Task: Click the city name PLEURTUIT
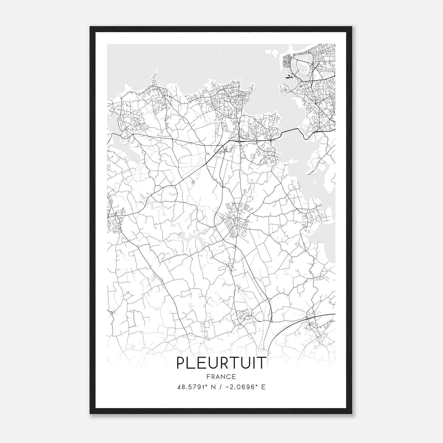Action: pyautogui.click(x=221, y=363)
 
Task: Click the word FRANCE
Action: pyautogui.click(x=221, y=377)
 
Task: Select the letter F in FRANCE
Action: pyautogui.click(x=208, y=377)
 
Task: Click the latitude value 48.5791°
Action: pyautogui.click(x=193, y=387)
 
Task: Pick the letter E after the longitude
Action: pyautogui.click(x=263, y=387)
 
